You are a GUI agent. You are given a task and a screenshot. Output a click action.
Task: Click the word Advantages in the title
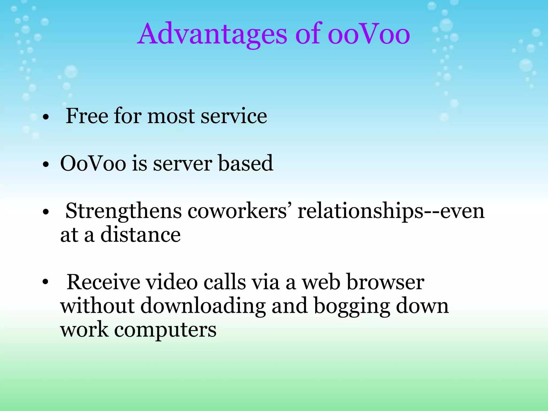click(x=213, y=34)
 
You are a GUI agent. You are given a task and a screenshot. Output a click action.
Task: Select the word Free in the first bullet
click(x=87, y=116)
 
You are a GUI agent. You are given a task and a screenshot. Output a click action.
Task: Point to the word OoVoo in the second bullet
click(x=93, y=163)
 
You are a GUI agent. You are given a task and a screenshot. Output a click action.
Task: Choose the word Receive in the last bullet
click(x=103, y=282)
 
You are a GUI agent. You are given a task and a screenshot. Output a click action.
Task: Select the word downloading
click(x=203, y=306)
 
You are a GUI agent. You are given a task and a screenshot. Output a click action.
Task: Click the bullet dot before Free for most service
click(x=46, y=117)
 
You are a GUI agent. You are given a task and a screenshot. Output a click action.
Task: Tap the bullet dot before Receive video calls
click(x=46, y=282)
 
